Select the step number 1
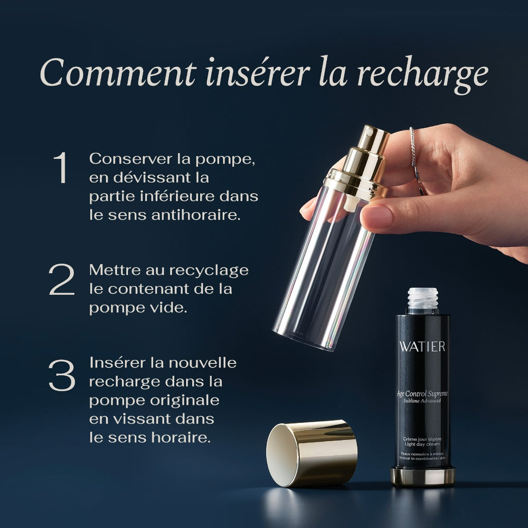pos(61,168)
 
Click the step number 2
pos(61,280)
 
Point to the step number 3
pos(61,375)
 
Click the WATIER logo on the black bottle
pos(422,347)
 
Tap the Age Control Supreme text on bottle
pos(422,392)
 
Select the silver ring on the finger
pos(412,148)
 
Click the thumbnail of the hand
pos(376,216)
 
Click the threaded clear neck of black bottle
pos(422,299)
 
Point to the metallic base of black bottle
pos(422,476)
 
